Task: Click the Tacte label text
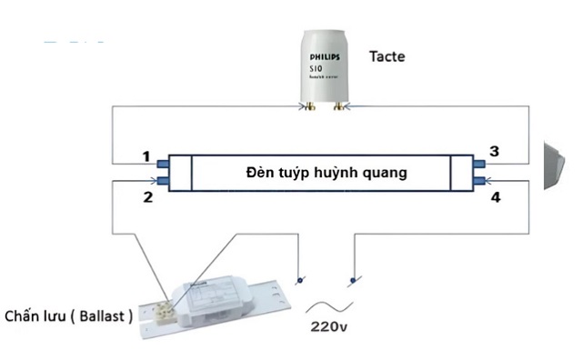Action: point(386,56)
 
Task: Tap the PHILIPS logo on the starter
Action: point(326,56)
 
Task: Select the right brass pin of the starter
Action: point(340,106)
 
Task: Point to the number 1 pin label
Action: point(145,156)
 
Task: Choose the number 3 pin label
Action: point(494,151)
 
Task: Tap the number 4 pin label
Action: point(496,195)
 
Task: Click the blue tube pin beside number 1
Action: point(165,165)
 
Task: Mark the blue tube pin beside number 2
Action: point(165,182)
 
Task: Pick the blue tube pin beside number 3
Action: point(479,165)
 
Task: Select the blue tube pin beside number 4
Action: point(479,182)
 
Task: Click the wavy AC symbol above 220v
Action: point(326,304)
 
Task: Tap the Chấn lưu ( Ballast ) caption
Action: point(69,316)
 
